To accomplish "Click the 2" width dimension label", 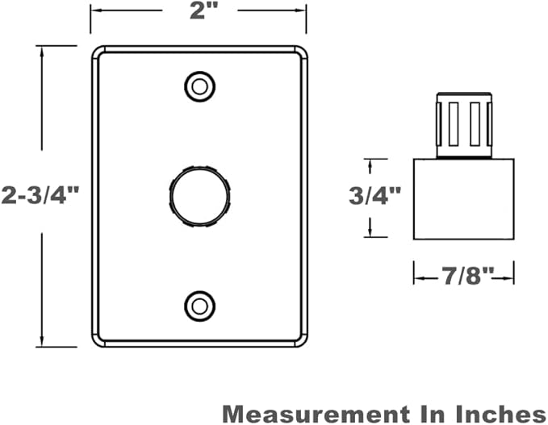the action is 203,10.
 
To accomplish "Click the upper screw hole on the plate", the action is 199,86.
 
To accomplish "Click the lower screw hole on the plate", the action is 199,306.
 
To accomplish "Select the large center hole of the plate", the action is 199,197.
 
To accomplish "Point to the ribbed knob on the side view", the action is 464,125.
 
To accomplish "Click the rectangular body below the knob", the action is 464,199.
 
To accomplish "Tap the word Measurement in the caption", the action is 316,415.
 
